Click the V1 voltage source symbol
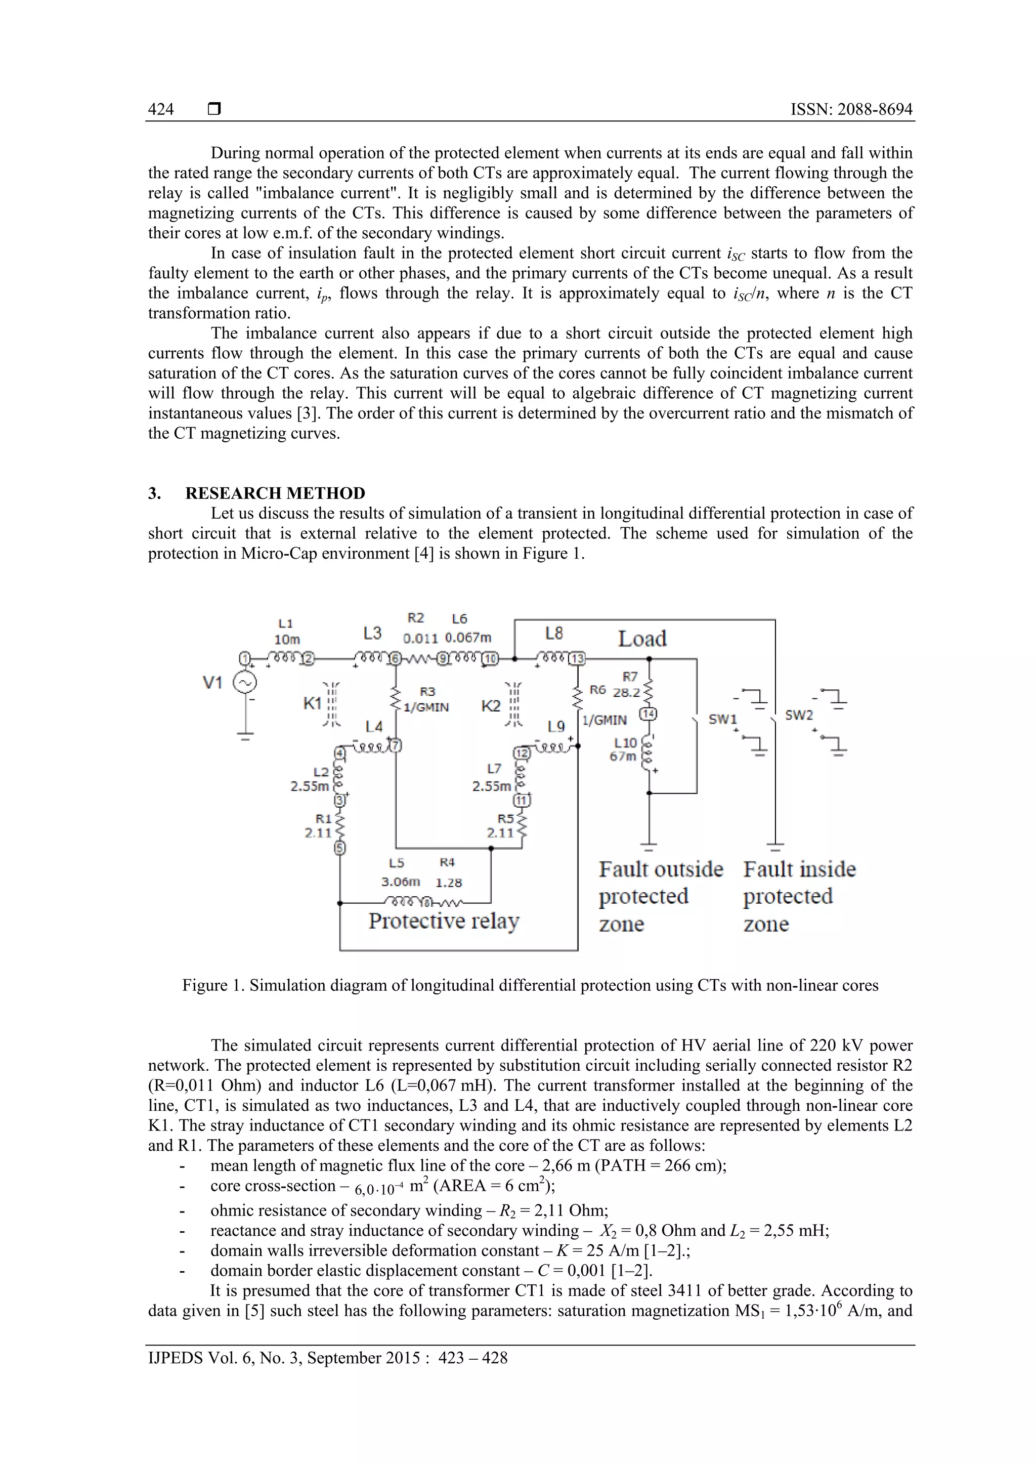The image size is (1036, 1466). [244, 683]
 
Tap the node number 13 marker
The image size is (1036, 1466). [577, 659]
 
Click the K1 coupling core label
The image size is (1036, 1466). [312, 703]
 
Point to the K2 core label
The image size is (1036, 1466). [491, 706]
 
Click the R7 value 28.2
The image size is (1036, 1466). [626, 693]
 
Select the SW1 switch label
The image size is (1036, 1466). [722, 719]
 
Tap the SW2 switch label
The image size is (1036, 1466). [799, 715]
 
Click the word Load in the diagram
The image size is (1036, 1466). [642, 639]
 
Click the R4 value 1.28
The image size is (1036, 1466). [448, 883]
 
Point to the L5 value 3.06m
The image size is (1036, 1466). [400, 882]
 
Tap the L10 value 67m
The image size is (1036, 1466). [623, 757]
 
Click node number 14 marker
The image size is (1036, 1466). [649, 714]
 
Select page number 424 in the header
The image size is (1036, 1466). [161, 109]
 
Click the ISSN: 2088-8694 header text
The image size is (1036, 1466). [851, 109]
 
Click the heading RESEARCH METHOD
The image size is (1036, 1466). [275, 493]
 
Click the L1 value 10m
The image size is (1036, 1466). [287, 639]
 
